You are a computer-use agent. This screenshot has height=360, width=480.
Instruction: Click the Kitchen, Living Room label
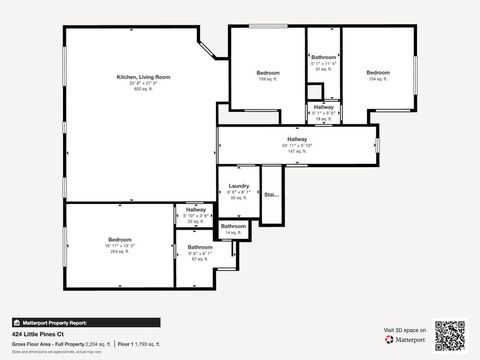point(143,77)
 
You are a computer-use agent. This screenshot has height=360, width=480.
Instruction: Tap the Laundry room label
point(238,186)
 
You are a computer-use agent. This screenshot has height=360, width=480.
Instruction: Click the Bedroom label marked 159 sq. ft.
point(267,73)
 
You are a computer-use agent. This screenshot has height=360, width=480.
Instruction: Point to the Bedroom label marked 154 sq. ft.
point(377,73)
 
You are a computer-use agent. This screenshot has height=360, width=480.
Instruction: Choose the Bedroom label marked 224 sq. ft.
point(120,240)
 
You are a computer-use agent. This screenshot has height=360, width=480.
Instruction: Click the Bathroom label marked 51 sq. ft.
point(323,58)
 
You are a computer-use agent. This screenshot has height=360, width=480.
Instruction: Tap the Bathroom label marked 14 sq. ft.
point(233,226)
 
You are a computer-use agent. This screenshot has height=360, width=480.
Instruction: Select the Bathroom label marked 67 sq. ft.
point(199,246)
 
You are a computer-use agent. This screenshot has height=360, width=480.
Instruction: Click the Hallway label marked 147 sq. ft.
point(297,139)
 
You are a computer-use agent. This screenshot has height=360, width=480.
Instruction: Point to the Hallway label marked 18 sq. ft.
point(323,107)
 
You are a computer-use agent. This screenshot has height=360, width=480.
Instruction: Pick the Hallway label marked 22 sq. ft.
point(195,210)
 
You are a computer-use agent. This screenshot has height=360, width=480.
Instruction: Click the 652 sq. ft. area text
point(143,89)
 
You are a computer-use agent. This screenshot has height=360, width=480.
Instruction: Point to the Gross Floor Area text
point(60,343)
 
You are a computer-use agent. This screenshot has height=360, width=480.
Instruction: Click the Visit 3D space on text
point(405,329)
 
